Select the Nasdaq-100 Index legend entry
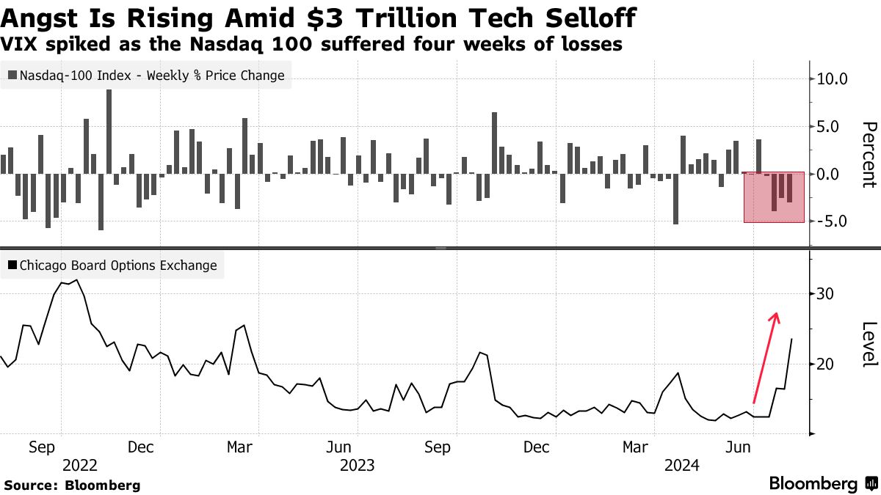[x=146, y=75]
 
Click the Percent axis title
[x=869, y=155]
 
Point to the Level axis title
[x=869, y=345]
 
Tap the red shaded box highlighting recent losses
[x=774, y=197]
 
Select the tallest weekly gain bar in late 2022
[x=109, y=132]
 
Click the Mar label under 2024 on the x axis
[x=636, y=447]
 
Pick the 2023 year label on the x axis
[x=358, y=465]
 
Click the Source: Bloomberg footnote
[x=72, y=485]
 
